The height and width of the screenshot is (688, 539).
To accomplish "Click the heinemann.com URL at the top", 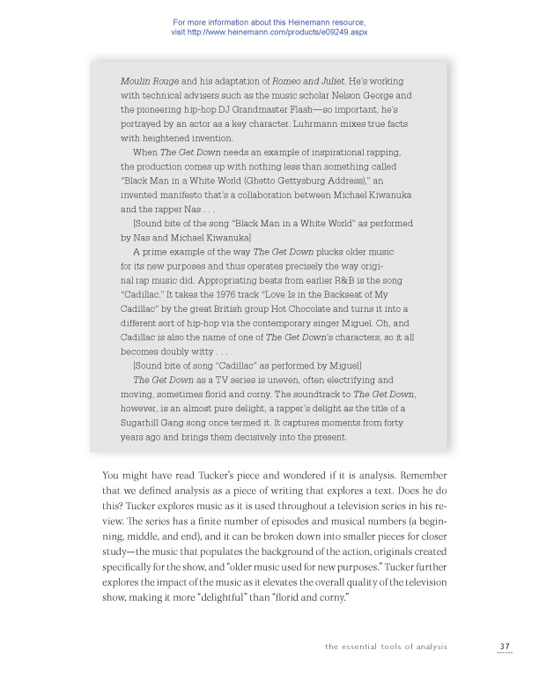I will [x=269, y=32].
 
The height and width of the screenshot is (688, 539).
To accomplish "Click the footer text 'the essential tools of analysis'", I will [x=386, y=647].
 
